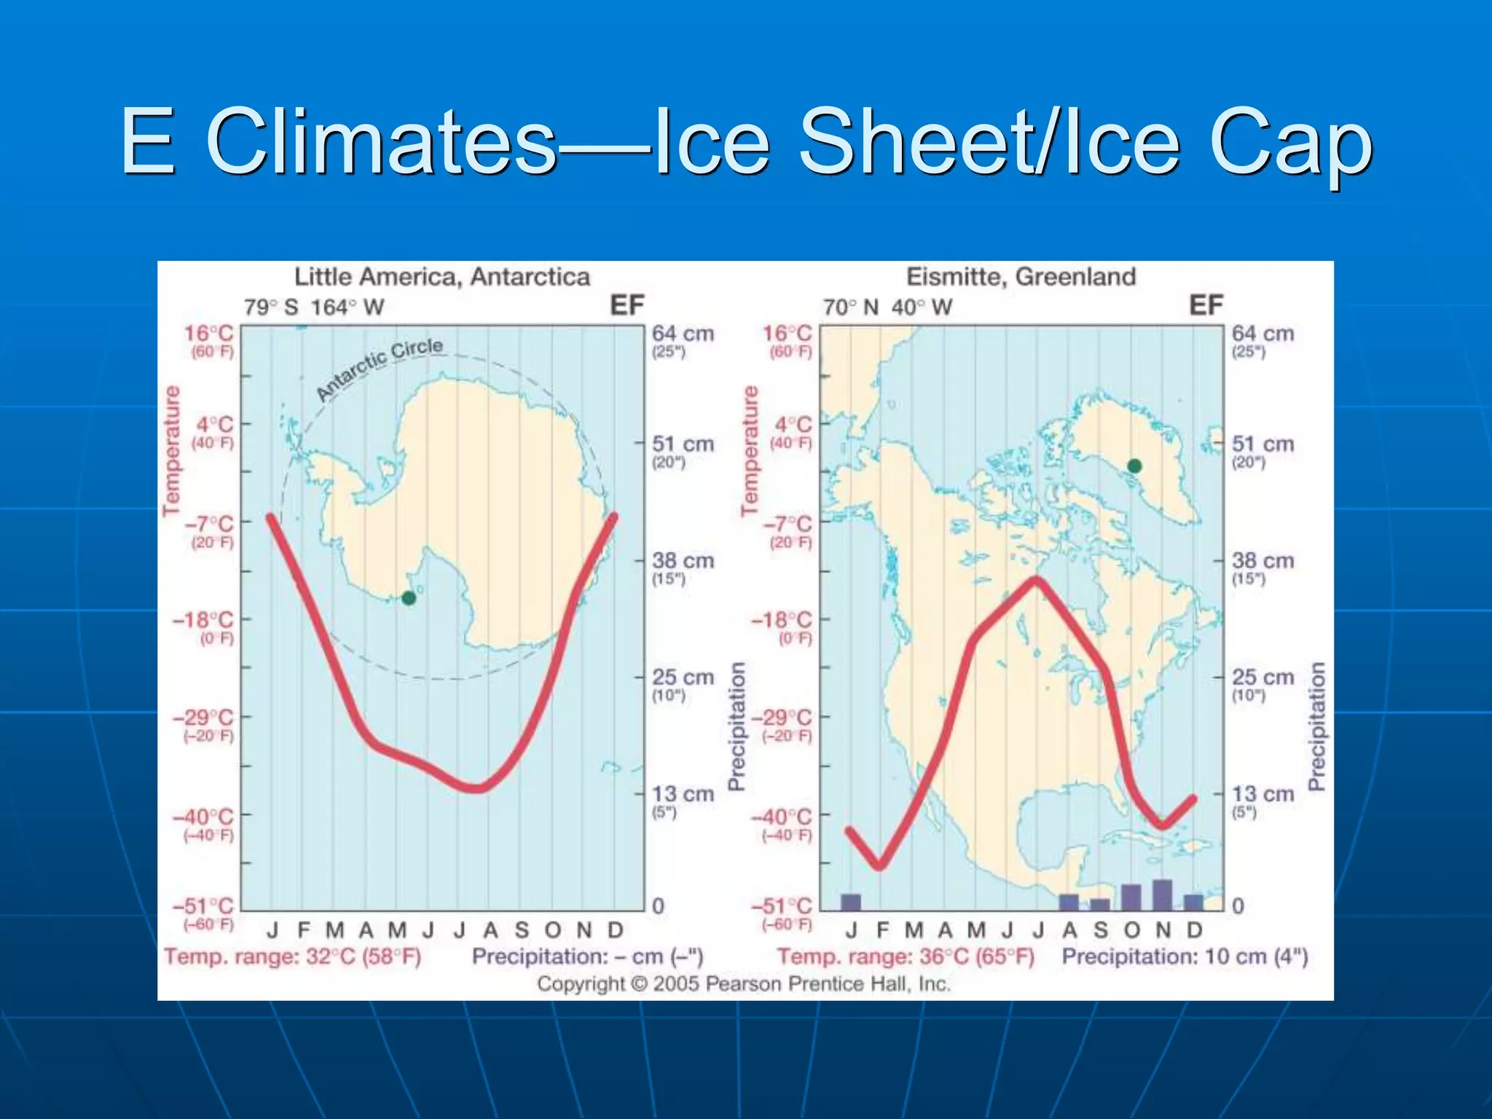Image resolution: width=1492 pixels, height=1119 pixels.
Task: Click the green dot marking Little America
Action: tap(409, 598)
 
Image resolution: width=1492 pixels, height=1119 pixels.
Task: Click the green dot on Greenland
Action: tap(1134, 466)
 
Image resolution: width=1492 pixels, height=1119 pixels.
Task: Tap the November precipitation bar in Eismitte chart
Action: tap(1163, 895)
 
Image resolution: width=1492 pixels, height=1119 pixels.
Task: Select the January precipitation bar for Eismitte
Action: tap(851, 902)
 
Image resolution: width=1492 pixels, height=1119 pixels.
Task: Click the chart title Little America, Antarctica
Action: tap(442, 277)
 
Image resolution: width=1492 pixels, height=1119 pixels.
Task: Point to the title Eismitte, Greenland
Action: tap(1021, 277)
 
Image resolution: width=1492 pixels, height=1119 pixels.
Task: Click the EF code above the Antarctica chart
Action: tap(627, 305)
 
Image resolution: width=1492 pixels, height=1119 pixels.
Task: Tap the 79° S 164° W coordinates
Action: tap(314, 307)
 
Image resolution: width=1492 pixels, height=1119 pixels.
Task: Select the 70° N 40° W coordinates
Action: tap(887, 307)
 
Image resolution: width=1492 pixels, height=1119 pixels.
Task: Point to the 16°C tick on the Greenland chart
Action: tap(787, 334)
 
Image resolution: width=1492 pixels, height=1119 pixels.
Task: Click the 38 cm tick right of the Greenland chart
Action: tap(1263, 561)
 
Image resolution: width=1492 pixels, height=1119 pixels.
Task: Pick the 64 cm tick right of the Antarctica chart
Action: tap(683, 334)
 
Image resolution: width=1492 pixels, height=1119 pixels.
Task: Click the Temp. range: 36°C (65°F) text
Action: tap(906, 957)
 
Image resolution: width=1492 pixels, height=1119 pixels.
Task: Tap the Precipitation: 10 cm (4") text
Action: tap(1185, 957)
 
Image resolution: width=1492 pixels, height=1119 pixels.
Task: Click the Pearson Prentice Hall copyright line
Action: tap(744, 984)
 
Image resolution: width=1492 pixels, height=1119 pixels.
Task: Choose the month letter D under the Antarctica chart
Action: tap(616, 930)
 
